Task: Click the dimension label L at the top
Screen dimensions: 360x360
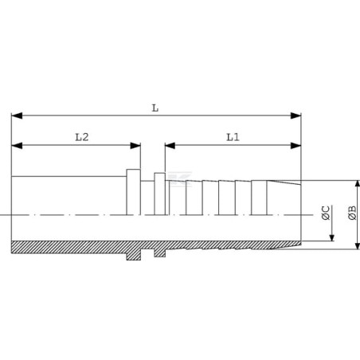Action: (x=155, y=108)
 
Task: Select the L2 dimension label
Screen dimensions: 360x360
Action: (x=82, y=137)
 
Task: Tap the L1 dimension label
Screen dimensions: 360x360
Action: (x=233, y=137)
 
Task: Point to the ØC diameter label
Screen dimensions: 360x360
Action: (x=326, y=213)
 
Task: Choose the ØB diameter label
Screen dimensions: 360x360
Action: (x=352, y=213)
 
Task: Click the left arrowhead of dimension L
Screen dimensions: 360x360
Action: (x=17, y=115)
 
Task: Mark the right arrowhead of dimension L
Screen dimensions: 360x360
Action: (x=295, y=115)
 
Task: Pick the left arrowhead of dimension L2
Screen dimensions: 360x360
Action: (x=17, y=146)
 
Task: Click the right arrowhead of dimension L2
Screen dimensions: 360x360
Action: (x=135, y=146)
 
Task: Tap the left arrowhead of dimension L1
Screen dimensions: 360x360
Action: (x=170, y=146)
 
